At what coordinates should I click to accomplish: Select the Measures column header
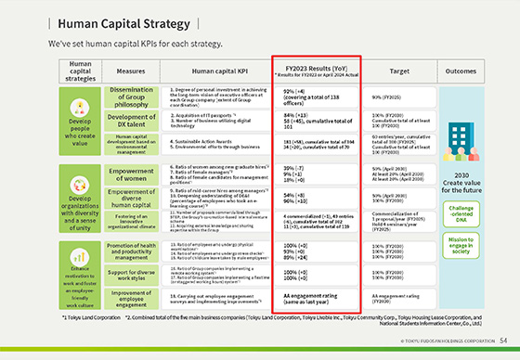(136, 71)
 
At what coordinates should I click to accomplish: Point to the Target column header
(402, 71)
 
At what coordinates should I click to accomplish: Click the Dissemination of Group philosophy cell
(136, 96)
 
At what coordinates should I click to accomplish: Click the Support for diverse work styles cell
(136, 272)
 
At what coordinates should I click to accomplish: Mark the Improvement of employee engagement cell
(136, 297)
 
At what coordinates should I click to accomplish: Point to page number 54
(502, 341)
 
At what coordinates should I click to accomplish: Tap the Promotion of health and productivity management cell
(136, 247)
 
